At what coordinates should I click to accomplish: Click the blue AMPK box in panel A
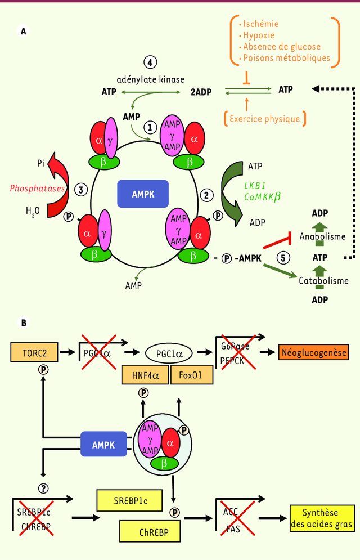pyautogui.click(x=143, y=194)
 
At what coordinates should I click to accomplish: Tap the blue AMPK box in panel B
pyautogui.click(x=104, y=445)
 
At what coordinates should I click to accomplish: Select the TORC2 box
pyautogui.click(x=35, y=353)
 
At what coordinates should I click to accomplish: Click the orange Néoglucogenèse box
pyautogui.click(x=313, y=353)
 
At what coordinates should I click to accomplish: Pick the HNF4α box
pyautogui.click(x=145, y=375)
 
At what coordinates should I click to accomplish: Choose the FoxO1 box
pyautogui.click(x=192, y=375)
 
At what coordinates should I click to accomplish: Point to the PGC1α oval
pyautogui.click(x=169, y=354)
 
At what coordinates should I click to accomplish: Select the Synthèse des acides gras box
pyautogui.click(x=321, y=518)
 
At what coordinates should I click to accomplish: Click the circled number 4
pyautogui.click(x=150, y=62)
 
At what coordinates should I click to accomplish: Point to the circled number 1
pyautogui.click(x=150, y=128)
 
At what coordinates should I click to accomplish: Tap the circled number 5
pyautogui.click(x=284, y=257)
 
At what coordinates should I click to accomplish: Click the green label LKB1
pyautogui.click(x=256, y=185)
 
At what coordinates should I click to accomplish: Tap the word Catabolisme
pyautogui.click(x=323, y=280)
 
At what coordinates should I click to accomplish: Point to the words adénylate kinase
pyautogui.click(x=150, y=79)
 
